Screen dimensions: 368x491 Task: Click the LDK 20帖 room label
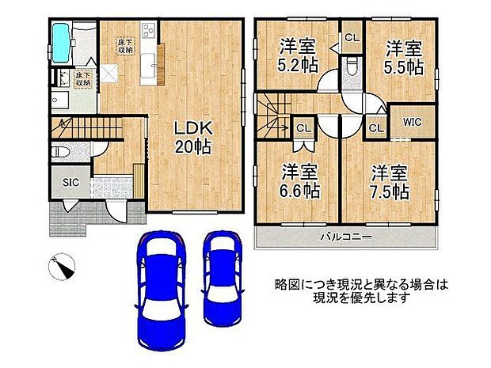pyautogui.click(x=192, y=136)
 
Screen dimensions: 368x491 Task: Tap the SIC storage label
pyautogui.click(x=70, y=181)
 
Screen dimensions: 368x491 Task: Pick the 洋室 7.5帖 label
pyautogui.click(x=390, y=180)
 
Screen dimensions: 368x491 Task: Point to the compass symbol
pyautogui.click(x=62, y=267)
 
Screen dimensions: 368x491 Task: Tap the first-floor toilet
pyautogui.click(x=61, y=152)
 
